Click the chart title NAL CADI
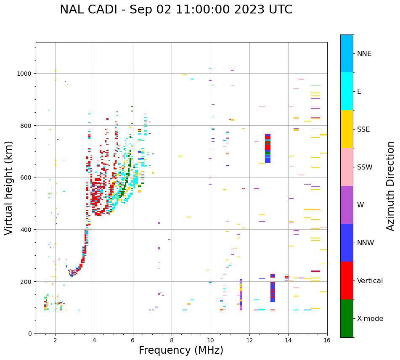point(176,10)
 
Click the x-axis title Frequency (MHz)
point(181,350)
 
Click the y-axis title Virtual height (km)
point(9,188)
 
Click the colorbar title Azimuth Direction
point(391,186)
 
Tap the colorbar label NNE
point(364,54)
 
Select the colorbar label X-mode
point(370,319)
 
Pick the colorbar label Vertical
point(370,281)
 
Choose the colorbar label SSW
point(365,167)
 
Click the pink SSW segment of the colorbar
point(347,167)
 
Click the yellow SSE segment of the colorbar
point(347,129)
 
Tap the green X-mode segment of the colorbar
point(347,318)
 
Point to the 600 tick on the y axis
point(27,177)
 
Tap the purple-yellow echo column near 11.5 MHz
point(241,295)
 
